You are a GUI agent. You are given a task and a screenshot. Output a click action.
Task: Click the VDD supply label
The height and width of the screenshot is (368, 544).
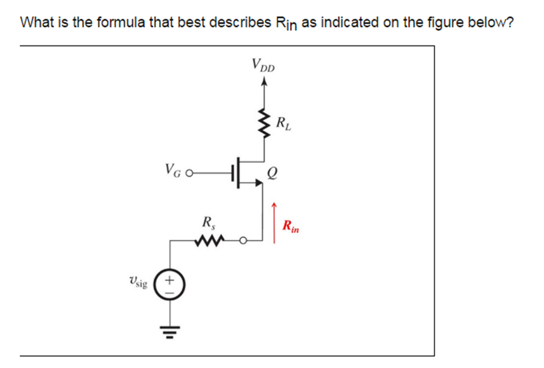click(263, 66)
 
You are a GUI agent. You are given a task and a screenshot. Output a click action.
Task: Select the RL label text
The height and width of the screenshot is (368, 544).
click(283, 125)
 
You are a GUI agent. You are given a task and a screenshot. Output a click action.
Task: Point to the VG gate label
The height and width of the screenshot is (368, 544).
click(174, 171)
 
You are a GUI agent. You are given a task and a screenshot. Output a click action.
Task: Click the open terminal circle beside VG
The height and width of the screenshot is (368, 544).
click(189, 172)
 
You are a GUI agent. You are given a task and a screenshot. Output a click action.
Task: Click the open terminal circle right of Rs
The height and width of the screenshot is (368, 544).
click(243, 241)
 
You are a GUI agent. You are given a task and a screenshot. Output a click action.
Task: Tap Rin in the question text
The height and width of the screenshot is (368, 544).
click(287, 24)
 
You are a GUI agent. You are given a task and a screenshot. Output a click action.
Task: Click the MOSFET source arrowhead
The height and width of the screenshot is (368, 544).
click(259, 183)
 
